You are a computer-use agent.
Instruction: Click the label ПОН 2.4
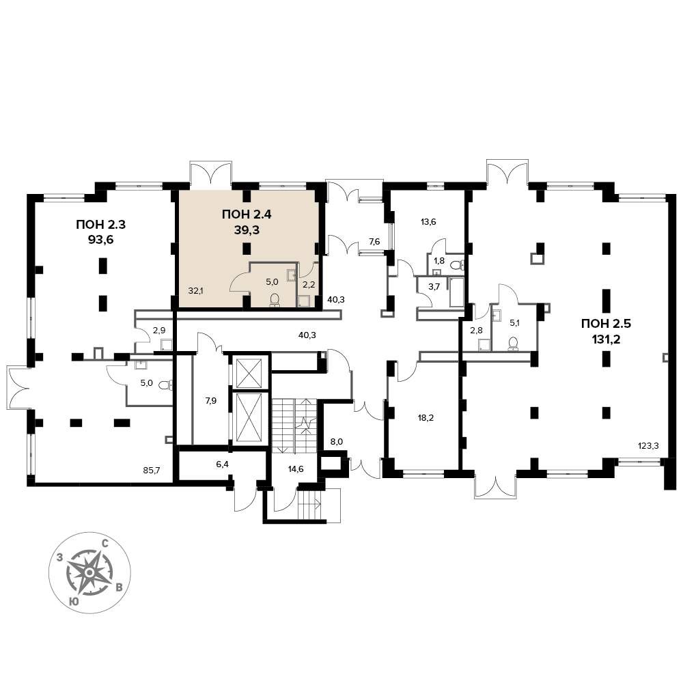(247, 214)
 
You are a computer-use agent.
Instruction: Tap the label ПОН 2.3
(100, 225)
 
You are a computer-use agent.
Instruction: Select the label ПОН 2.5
(606, 323)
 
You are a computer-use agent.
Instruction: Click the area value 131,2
(606, 339)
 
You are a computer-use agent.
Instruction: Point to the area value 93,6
(100, 240)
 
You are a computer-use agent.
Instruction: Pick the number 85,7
(151, 470)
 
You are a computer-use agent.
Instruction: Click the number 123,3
(648, 445)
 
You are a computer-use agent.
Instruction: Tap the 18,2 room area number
(426, 418)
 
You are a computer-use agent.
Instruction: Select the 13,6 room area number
(428, 222)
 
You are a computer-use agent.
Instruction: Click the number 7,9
(211, 401)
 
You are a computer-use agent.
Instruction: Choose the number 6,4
(222, 464)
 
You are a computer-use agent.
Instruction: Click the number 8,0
(337, 441)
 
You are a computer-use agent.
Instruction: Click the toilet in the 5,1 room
(514, 344)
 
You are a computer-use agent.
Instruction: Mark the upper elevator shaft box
(249, 372)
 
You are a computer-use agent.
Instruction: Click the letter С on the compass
(105, 543)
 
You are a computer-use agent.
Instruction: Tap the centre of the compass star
(89, 572)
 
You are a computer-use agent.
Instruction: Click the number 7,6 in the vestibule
(374, 241)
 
